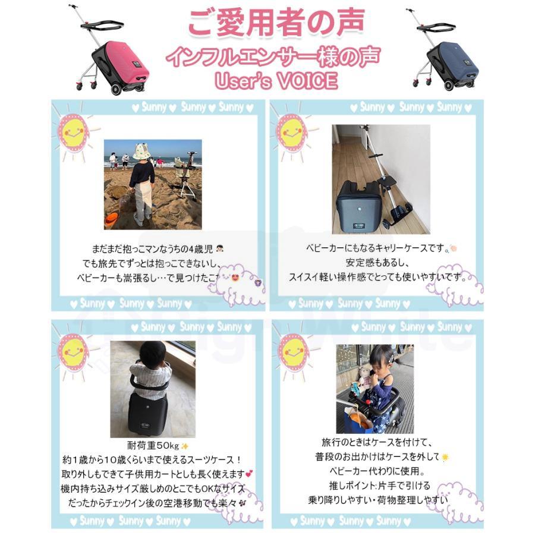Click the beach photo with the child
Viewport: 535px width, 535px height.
click(x=153, y=184)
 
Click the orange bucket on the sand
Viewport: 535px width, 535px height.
click(x=111, y=219)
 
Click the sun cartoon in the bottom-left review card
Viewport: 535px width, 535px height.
click(x=72, y=352)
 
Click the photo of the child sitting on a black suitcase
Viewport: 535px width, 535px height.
click(x=153, y=389)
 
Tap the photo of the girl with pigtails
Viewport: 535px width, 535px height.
click(x=374, y=389)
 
